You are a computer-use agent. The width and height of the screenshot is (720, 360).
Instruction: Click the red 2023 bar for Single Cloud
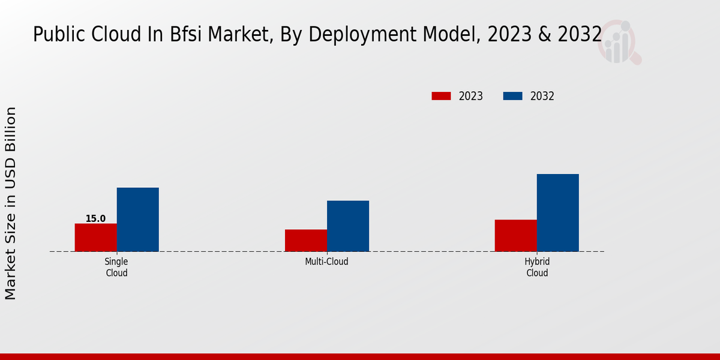click(95, 238)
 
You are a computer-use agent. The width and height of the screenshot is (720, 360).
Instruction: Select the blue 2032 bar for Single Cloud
click(137, 220)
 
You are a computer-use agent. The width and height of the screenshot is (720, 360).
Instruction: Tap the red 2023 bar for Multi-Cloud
click(306, 241)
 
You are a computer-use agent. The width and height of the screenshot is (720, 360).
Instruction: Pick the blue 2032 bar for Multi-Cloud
click(348, 226)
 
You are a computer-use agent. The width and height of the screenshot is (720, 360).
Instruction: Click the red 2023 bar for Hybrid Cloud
click(515, 236)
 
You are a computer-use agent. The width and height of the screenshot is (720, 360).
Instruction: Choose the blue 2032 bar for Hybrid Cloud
click(557, 213)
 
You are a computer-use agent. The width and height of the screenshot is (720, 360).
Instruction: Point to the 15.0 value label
click(95, 218)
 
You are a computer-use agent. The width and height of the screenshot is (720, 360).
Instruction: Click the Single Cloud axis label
click(116, 267)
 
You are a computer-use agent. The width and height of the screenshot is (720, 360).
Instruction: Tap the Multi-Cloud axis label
click(326, 262)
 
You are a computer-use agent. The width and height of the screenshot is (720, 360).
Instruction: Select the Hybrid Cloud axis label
click(537, 267)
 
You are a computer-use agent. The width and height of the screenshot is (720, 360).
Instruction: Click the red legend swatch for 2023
click(441, 96)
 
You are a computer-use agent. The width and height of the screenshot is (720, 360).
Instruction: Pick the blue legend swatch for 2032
click(512, 96)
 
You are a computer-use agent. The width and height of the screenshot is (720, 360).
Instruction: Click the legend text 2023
click(471, 96)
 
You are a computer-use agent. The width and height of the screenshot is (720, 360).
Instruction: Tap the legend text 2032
click(542, 96)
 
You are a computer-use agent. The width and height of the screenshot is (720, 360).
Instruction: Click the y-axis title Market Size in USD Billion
click(11, 203)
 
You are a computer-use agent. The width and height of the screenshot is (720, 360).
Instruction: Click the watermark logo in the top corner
click(619, 42)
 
